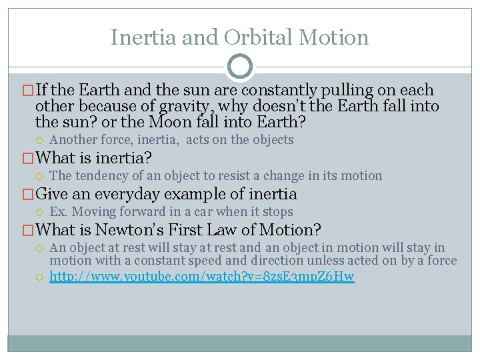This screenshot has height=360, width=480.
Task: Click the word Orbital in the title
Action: coord(252,37)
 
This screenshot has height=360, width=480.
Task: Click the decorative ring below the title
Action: coord(240,67)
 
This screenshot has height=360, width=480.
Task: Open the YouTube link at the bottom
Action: coord(202,276)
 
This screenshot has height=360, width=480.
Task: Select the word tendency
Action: coord(101,176)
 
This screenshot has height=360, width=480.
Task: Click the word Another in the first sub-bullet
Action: coord(73,140)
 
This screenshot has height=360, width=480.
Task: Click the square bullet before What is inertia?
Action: coord(28,159)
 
